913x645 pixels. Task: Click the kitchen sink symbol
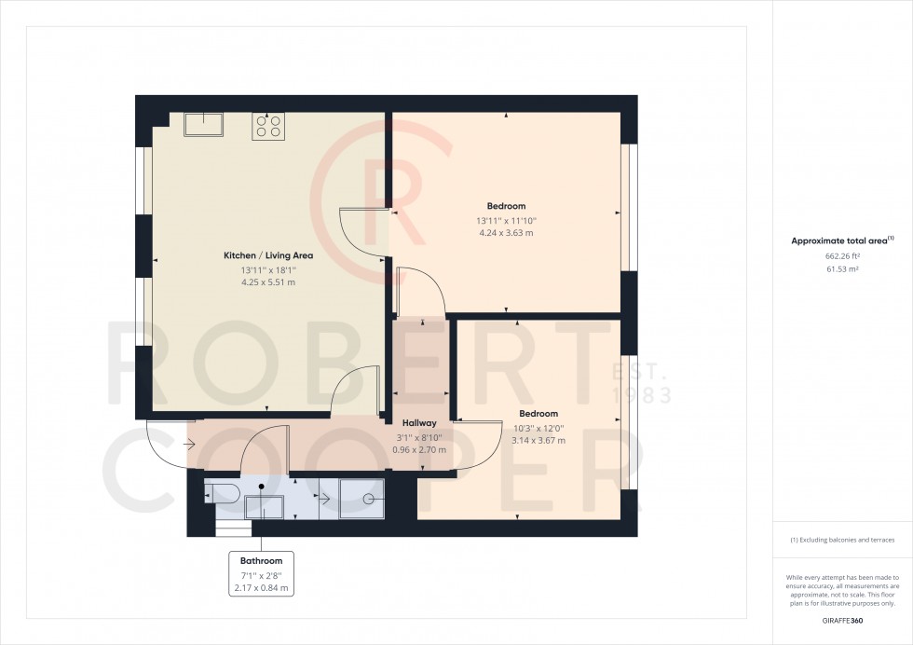click(x=203, y=124)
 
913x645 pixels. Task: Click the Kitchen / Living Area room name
click(x=267, y=255)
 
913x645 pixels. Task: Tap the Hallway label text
click(x=419, y=423)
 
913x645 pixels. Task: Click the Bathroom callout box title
click(x=261, y=561)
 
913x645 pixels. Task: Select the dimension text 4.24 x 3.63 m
click(x=506, y=233)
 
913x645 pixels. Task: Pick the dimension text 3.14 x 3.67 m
click(x=538, y=441)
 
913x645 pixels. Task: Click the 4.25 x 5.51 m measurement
click(x=267, y=282)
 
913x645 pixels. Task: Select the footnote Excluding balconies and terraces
click(x=842, y=541)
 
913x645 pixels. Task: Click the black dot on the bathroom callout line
click(x=262, y=487)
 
